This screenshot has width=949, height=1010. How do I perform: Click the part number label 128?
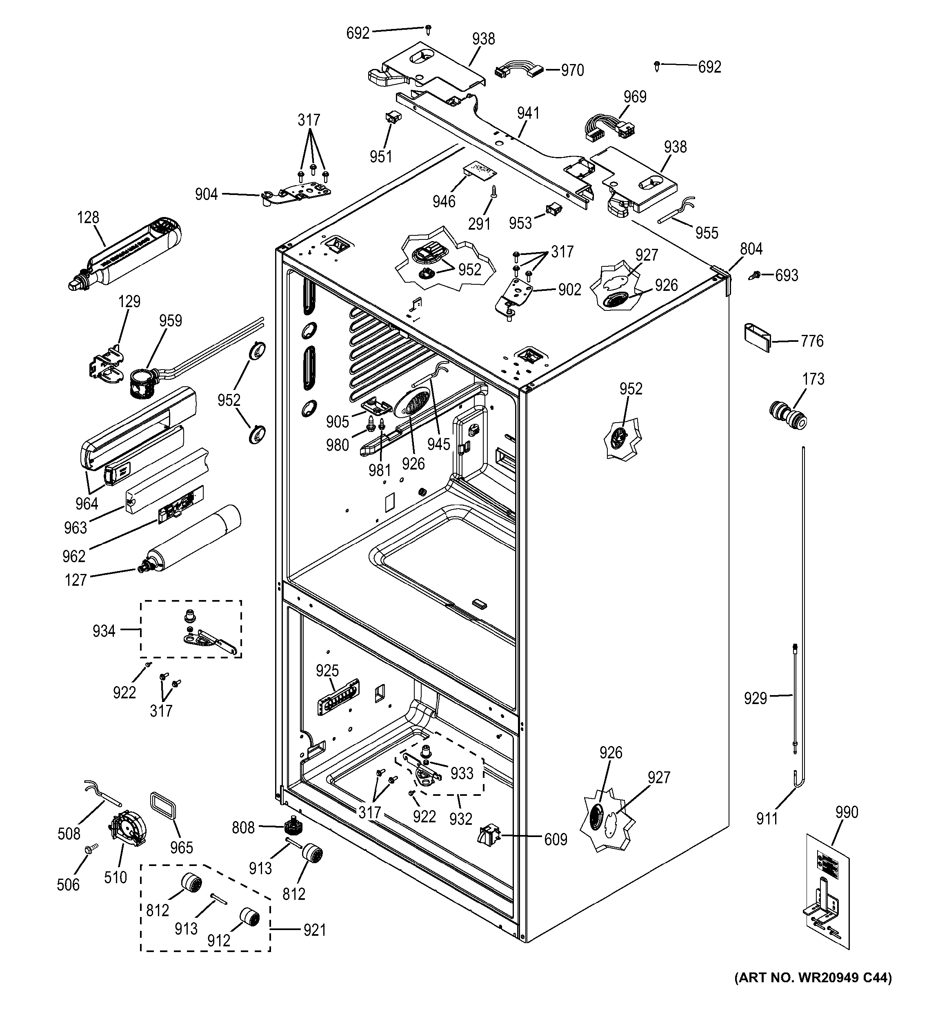point(88,217)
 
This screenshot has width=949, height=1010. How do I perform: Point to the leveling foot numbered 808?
point(292,826)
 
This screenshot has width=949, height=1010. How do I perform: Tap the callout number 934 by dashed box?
point(104,631)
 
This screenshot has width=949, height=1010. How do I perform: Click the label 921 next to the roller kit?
point(314,930)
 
